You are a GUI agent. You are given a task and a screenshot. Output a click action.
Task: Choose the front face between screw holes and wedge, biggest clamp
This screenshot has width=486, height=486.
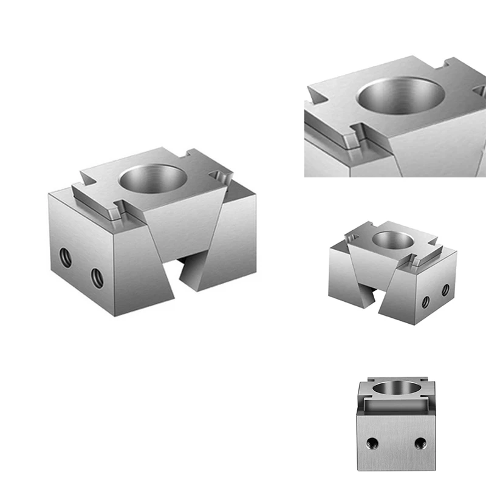[131, 267]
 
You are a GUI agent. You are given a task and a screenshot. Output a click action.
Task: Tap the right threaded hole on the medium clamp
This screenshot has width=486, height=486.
[445, 290]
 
